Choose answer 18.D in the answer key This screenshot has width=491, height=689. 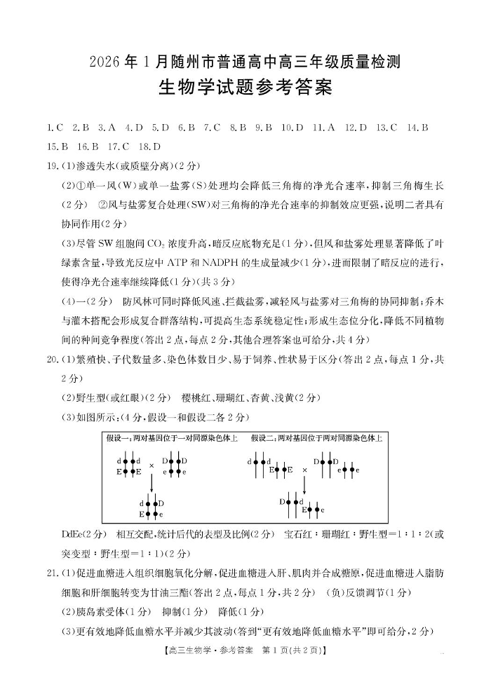pos(149,146)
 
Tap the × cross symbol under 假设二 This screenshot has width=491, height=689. pos(304,471)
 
